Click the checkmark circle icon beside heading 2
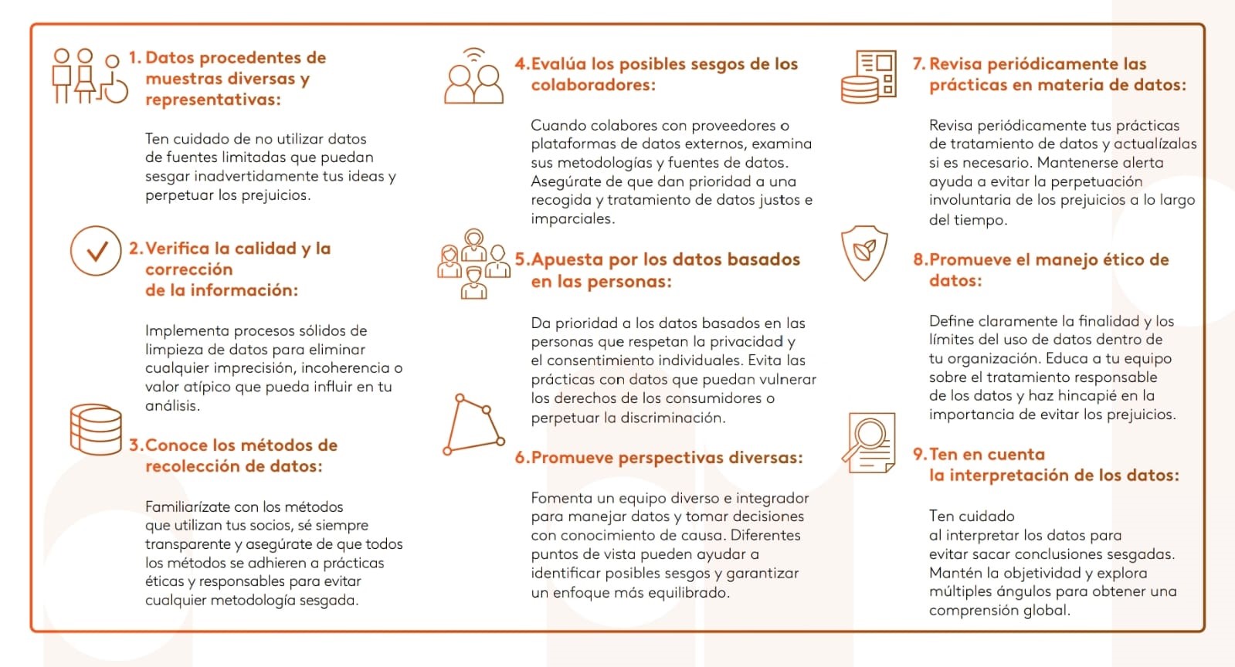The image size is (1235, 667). click(x=95, y=251)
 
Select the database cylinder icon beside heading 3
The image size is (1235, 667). click(x=96, y=429)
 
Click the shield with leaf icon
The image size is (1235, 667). click(x=864, y=252)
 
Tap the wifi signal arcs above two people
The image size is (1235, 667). click(x=473, y=55)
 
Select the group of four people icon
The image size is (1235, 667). click(x=473, y=264)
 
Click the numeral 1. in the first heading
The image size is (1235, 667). click(x=135, y=58)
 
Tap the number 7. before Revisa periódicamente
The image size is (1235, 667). click(x=918, y=64)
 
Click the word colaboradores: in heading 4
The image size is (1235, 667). click(x=593, y=85)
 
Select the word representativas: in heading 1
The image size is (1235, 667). click(x=213, y=100)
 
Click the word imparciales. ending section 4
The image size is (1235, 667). click(x=573, y=219)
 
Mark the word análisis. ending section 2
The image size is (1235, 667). click(x=172, y=406)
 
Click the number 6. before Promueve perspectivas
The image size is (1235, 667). click(x=522, y=458)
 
